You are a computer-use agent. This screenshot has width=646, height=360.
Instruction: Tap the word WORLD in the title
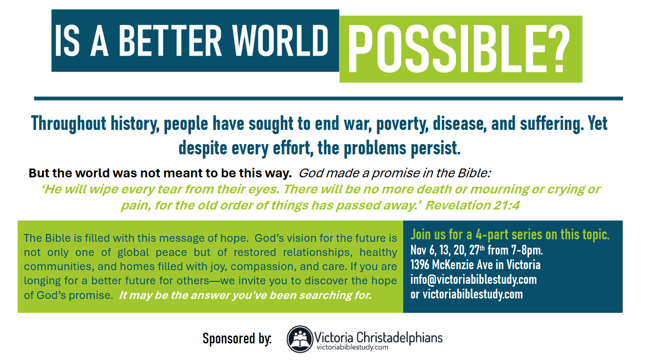280,41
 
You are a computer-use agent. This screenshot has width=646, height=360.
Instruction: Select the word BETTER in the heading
170,41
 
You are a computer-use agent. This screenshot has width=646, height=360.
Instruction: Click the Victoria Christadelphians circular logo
300,339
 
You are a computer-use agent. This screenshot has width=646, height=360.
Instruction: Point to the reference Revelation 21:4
473,206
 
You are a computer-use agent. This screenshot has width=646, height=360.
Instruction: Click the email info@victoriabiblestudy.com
474,279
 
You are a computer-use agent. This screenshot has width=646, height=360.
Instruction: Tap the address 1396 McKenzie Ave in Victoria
475,265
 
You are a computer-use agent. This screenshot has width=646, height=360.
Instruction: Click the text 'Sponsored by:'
237,339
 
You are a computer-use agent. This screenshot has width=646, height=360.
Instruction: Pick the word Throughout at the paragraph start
68,124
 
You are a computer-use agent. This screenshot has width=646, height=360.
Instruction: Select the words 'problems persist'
402,148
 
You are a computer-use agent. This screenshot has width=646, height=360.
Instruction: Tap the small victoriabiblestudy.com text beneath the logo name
352,347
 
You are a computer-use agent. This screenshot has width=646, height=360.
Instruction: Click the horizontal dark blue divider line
328,99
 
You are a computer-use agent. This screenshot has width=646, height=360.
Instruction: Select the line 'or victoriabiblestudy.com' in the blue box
467,294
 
